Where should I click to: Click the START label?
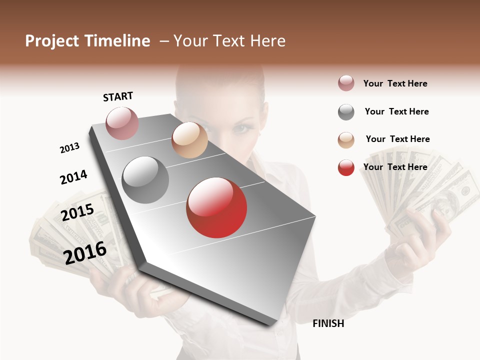click(118, 96)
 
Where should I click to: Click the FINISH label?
click(328, 323)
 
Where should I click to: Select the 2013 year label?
click(69, 148)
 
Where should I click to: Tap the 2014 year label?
click(73, 177)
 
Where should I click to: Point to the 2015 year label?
click(77, 212)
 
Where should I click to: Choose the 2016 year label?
click(85, 252)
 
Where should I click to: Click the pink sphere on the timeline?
click(122, 123)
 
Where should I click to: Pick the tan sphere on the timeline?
click(189, 140)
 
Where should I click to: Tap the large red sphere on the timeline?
click(216, 207)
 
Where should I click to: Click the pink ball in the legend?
click(346, 83)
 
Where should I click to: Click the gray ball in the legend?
click(346, 112)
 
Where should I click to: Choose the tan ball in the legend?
click(346, 140)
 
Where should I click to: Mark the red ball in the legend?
click(346, 167)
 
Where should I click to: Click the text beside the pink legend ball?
click(395, 83)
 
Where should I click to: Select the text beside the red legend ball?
click(395, 167)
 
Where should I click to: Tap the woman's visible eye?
click(243, 128)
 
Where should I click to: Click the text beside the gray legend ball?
click(396, 111)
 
